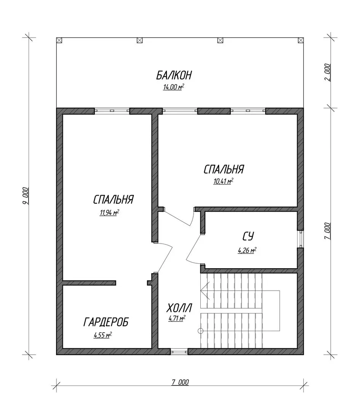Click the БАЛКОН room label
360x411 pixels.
coord(174,75)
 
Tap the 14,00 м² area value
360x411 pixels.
coord(173,87)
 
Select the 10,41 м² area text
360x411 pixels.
coord(223,181)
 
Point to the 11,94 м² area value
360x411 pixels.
coord(109,212)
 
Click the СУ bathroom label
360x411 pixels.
coord(248,236)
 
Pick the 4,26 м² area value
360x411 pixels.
coord(247,250)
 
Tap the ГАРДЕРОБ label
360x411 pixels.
coord(106,322)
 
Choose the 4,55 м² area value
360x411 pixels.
coord(103,335)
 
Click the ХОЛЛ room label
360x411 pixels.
coord(179,308)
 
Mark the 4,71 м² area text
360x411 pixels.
coord(177,318)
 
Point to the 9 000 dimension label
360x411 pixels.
coord(25,196)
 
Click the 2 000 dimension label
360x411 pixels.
coord(327,72)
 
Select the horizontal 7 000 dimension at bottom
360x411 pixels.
coord(180,382)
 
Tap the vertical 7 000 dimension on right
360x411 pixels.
coord(327,231)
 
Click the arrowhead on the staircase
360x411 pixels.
coord(205,290)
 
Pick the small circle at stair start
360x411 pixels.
coord(200,331)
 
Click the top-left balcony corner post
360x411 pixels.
coord(59,40)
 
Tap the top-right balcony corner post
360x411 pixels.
coord(301,40)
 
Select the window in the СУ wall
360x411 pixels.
coord(301,239)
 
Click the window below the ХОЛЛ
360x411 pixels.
coord(179,352)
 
